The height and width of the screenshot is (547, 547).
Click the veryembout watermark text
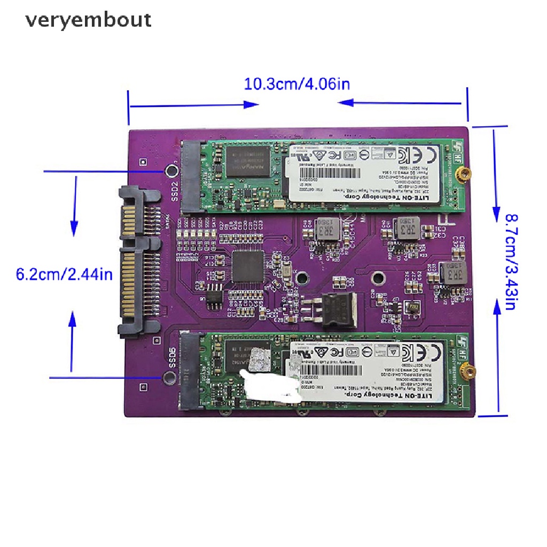click(89, 20)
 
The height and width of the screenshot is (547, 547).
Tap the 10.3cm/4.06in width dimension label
click(297, 84)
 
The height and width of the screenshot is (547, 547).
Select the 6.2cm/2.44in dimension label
click(64, 275)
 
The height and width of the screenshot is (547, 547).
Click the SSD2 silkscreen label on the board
click(174, 189)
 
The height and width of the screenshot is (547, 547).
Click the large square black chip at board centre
click(248, 267)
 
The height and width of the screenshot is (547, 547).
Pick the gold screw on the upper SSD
click(466, 173)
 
